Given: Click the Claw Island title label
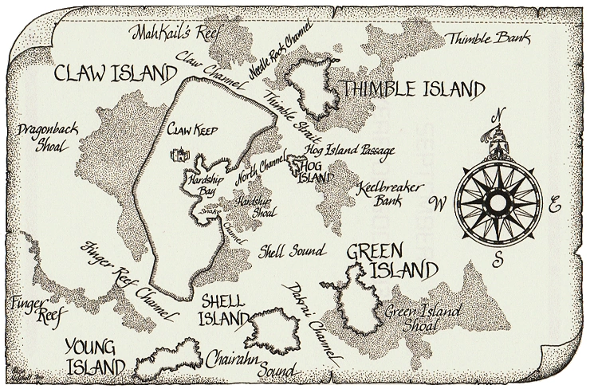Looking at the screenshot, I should pyautogui.click(x=116, y=73).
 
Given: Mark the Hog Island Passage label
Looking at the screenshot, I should pyautogui.click(x=351, y=150).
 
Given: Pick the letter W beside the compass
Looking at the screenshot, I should pyautogui.click(x=437, y=202).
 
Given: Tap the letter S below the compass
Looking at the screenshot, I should pyautogui.click(x=496, y=260).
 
